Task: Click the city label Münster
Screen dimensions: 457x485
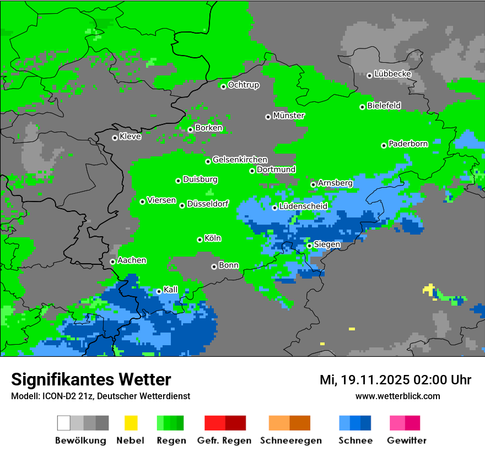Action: point(289,116)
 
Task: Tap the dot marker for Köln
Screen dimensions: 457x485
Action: point(200,240)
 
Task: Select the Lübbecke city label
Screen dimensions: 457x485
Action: point(392,74)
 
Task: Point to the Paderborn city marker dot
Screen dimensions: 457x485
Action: point(384,145)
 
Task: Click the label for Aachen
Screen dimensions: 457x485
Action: point(132,260)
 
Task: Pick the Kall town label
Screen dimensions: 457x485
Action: point(170,290)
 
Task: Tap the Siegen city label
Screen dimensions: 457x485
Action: point(327,244)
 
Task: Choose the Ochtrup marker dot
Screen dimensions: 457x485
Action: point(223,86)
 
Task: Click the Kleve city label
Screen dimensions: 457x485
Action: point(130,137)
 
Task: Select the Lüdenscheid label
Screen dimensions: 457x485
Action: point(303,206)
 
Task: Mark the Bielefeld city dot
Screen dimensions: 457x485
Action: point(362,107)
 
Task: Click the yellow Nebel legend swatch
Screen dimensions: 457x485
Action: point(131,423)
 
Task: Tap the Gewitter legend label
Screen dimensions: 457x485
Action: point(407,440)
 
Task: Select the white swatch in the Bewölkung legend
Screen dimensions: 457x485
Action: point(64,423)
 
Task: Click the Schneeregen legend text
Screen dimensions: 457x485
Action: point(290,440)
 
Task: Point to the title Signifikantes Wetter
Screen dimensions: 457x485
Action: point(91,380)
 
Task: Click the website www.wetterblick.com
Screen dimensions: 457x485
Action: point(397,396)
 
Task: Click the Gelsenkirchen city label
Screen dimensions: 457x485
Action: point(240,160)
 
